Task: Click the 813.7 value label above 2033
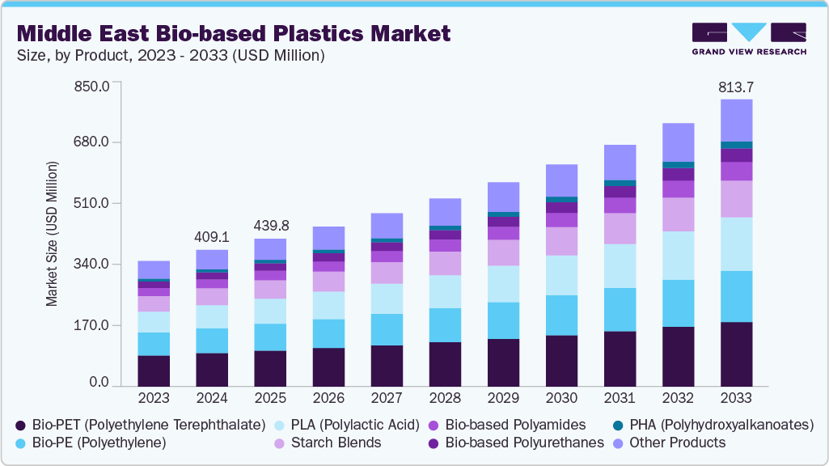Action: click(x=736, y=87)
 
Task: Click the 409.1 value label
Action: click(x=212, y=238)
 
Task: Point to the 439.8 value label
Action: click(x=270, y=225)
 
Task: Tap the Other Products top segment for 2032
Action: click(x=678, y=142)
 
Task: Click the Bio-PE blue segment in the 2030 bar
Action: click(x=561, y=316)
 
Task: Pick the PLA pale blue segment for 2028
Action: click(x=445, y=291)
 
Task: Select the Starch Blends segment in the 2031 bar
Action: click(x=620, y=228)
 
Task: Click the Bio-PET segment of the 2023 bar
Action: click(x=154, y=371)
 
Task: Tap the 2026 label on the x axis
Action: click(x=328, y=398)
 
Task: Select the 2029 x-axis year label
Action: click(x=503, y=398)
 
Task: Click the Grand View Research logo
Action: click(x=748, y=39)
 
